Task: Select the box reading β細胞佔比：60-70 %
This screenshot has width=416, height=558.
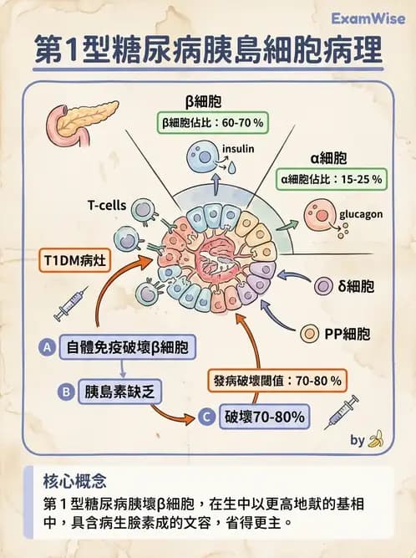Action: coord(213,123)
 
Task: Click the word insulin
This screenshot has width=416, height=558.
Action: coord(237,151)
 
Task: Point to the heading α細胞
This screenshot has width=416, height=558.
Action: coord(329,157)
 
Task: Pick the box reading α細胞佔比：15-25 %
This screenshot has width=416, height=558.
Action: coord(332,178)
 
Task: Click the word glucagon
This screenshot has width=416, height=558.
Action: coord(360,215)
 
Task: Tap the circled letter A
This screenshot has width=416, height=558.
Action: coord(48,346)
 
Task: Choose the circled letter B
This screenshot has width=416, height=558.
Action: coord(65,390)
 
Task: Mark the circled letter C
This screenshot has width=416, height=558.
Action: coord(206,416)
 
